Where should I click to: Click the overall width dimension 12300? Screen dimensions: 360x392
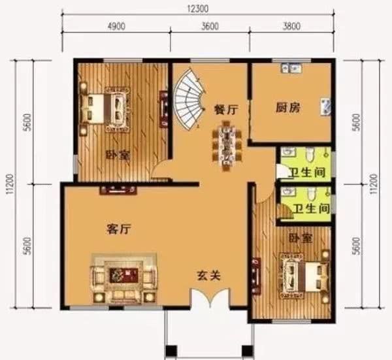[196, 7]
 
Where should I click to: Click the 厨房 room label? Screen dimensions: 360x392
[287, 108]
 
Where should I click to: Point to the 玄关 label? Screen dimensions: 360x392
[209, 275]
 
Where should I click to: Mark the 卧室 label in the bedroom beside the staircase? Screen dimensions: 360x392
[116, 155]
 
